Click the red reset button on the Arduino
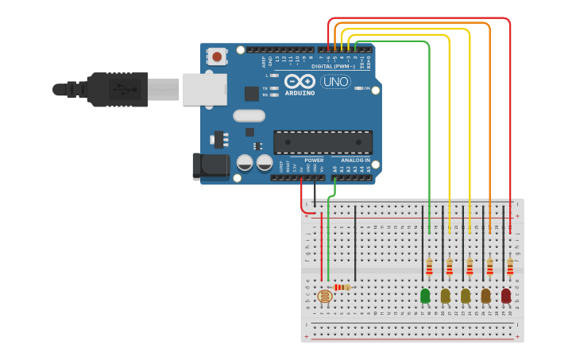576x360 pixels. coord(216,56)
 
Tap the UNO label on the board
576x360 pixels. coord(334,81)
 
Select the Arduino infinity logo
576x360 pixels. coord(300,81)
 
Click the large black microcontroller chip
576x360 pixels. coord(323,142)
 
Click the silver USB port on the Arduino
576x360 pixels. coord(204,89)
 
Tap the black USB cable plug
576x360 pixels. coord(119,89)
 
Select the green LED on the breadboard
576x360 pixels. coord(425,296)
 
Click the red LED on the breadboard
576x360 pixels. coord(506,296)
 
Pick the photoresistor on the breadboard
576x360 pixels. coord(324,296)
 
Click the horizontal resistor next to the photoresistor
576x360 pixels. coord(342,287)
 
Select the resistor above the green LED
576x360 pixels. coord(429,265)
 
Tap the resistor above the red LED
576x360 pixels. coord(510,265)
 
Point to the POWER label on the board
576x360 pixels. coord(314,161)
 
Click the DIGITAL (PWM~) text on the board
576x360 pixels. coord(333,66)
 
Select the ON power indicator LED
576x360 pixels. coord(355,88)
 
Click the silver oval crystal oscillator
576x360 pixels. coord(249,115)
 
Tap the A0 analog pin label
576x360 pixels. coord(334,168)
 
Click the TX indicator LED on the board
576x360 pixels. coord(274,88)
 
